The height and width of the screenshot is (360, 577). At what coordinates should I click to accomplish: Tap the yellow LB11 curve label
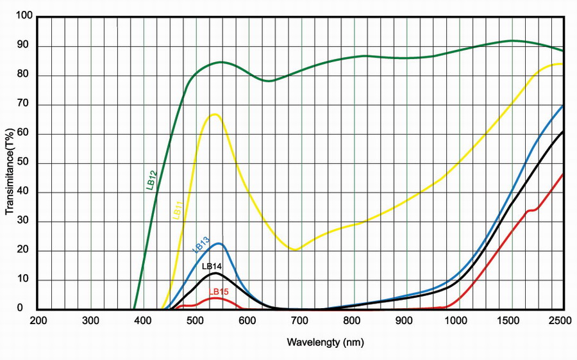coord(178,210)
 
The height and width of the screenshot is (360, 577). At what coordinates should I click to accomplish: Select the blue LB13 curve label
coord(201,244)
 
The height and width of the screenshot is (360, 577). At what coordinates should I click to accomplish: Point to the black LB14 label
coord(212,266)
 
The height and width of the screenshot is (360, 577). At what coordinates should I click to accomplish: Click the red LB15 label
coord(219,291)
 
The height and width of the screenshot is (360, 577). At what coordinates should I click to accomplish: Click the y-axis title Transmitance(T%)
coord(10,163)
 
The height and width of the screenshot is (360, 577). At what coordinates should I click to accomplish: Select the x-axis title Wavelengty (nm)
coord(325,342)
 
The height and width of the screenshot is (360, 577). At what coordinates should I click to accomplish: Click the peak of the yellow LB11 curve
coord(214,114)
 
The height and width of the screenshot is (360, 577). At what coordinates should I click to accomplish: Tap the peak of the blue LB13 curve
coord(219,243)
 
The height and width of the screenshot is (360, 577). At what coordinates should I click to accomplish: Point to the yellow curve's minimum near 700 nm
coord(295,249)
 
